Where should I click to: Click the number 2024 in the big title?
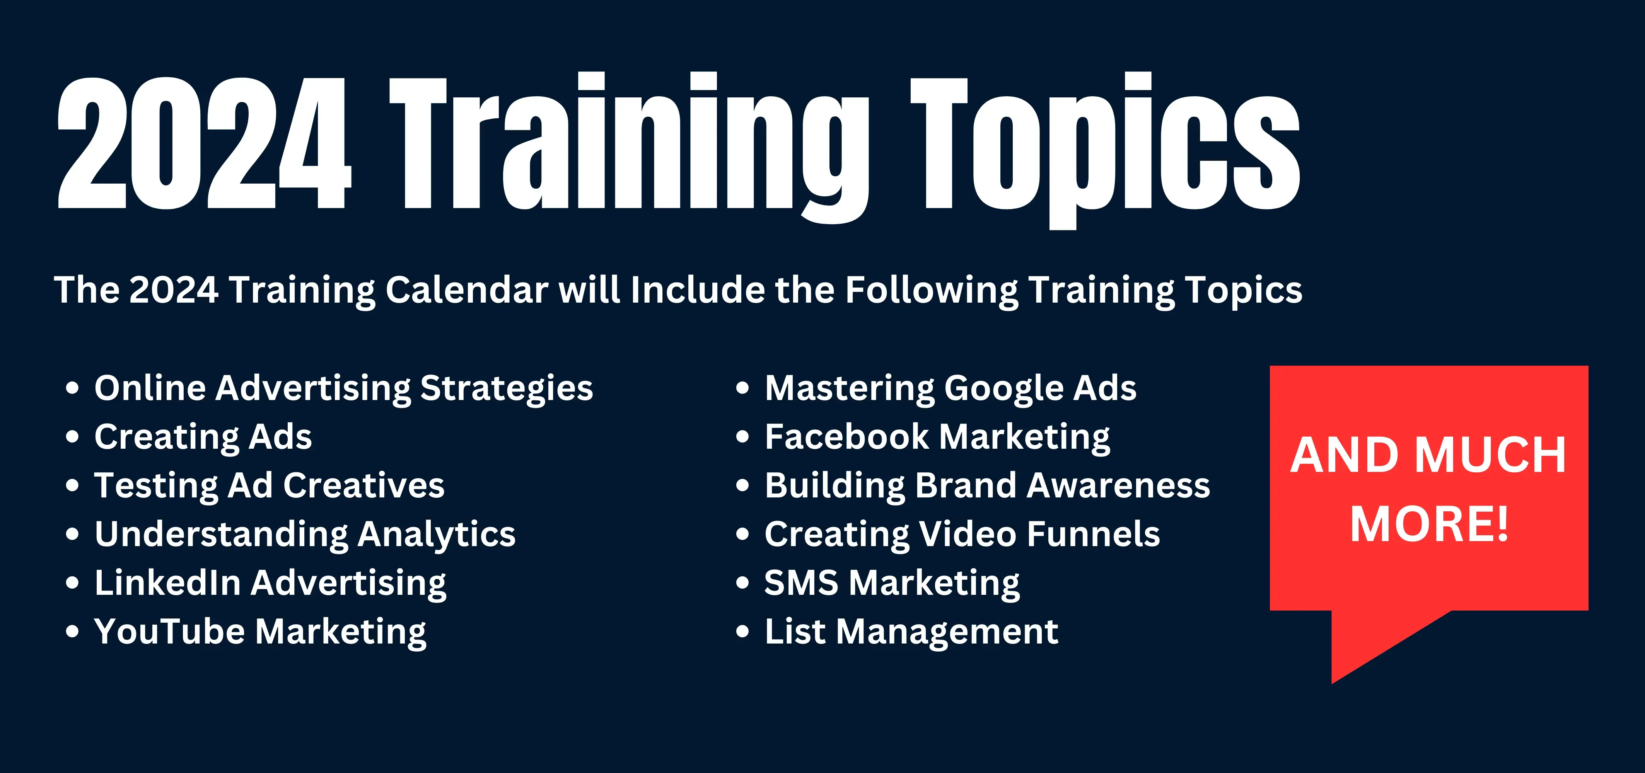[x=204, y=144]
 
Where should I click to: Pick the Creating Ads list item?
[x=203, y=437]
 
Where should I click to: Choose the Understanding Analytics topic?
[x=305, y=534]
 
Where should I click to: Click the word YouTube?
[x=169, y=631]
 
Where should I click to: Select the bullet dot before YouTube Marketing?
[x=72, y=632]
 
